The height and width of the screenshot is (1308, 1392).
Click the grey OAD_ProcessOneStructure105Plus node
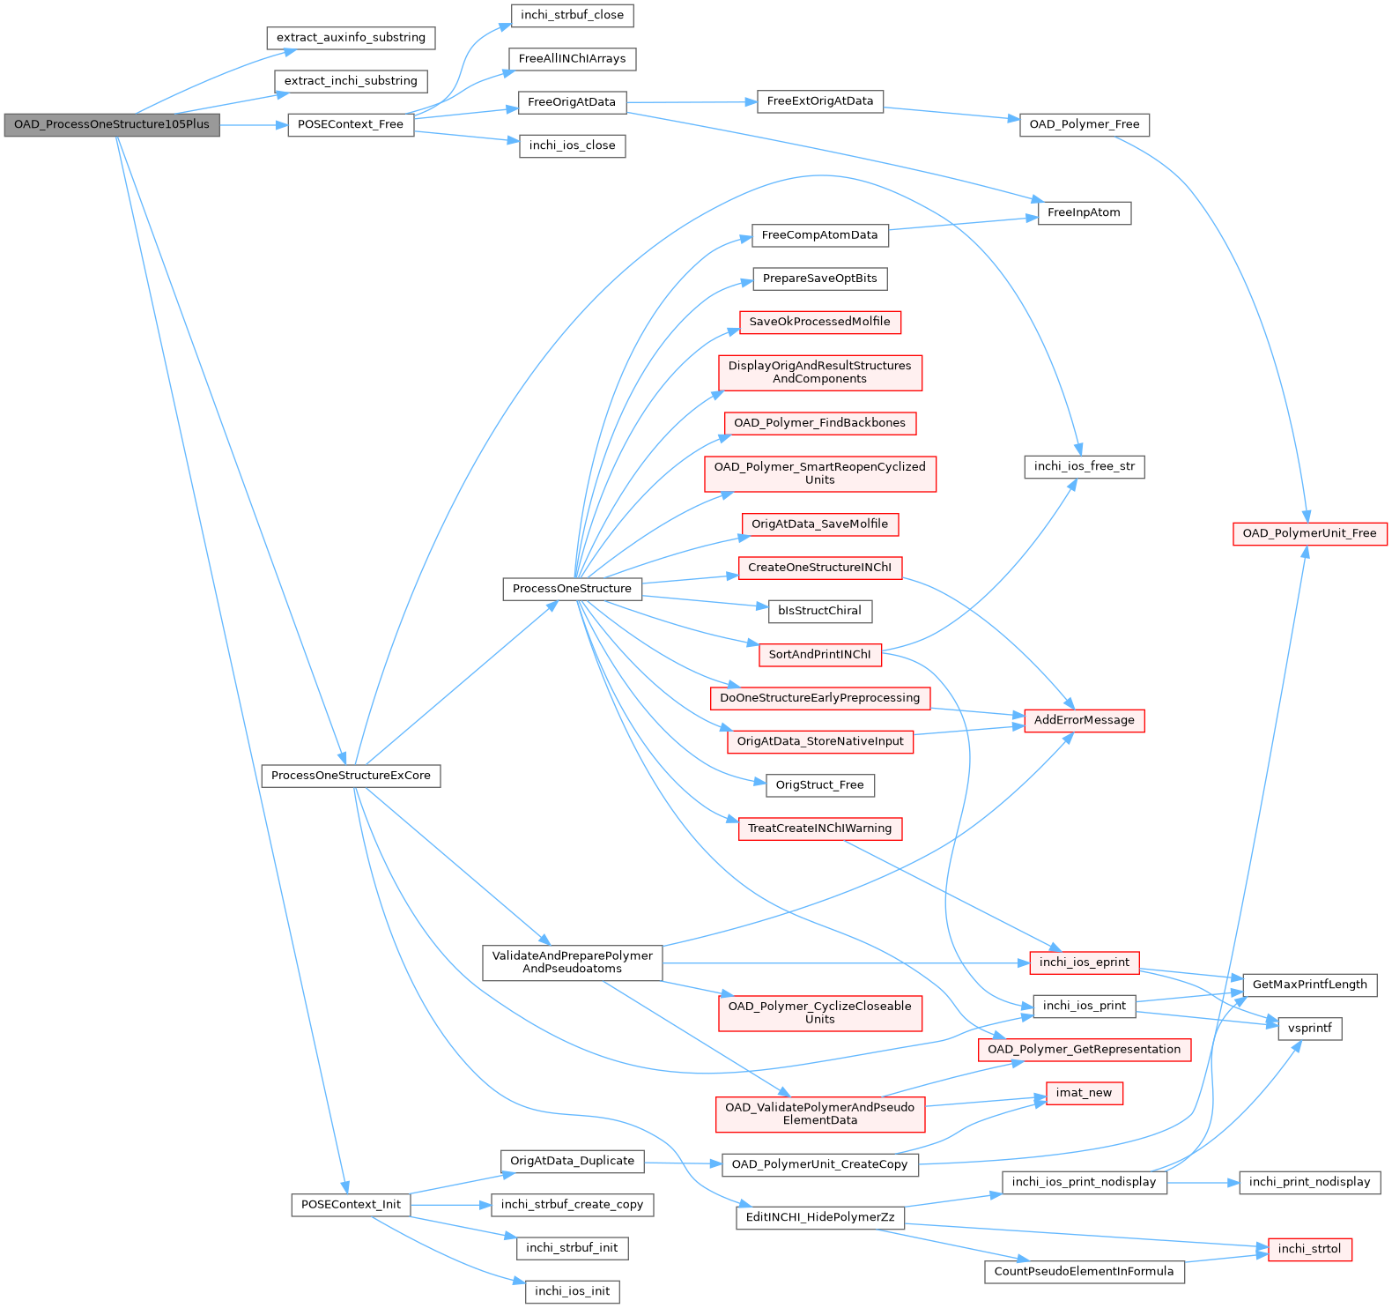click(112, 125)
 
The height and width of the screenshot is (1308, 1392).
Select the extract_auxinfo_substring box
click(351, 38)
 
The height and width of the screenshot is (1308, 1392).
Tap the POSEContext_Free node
click(351, 125)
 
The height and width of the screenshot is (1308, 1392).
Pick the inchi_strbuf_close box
click(572, 15)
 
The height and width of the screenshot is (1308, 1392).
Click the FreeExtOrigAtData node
click(820, 101)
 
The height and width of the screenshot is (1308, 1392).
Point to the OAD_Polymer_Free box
click(1085, 125)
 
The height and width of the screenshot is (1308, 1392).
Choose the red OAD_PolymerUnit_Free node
click(1310, 533)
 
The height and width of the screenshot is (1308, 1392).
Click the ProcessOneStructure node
click(573, 589)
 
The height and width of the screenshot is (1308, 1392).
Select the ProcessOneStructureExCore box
click(351, 776)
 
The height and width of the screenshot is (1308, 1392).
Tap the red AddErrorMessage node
click(1085, 720)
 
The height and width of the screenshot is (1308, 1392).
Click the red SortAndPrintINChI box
click(820, 655)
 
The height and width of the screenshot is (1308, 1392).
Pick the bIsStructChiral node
click(820, 611)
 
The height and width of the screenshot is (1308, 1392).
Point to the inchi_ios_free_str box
click(1085, 466)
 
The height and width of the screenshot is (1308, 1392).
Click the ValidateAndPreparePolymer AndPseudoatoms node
click(573, 962)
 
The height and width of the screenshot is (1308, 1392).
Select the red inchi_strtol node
click(1310, 1249)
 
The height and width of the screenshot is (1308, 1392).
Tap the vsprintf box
click(1310, 1028)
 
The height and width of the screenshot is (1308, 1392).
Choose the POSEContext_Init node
click(351, 1205)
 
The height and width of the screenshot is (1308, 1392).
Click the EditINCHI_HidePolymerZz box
click(820, 1217)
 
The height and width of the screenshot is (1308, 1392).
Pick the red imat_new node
click(1085, 1093)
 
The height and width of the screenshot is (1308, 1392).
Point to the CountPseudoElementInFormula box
click(1085, 1272)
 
